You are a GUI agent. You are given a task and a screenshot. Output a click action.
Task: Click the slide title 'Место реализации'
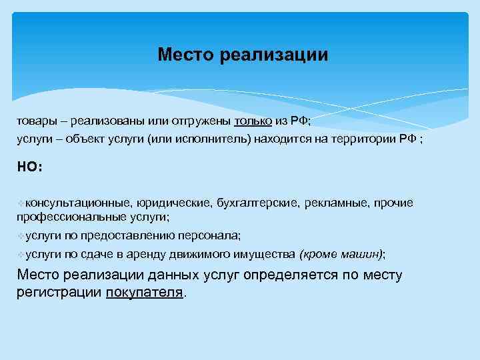click(x=243, y=54)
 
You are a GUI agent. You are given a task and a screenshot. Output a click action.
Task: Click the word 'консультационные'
click(x=77, y=203)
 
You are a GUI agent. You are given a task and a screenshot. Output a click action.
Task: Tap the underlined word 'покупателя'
click(x=143, y=292)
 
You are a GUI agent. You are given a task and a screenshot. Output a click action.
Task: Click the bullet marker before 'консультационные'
click(x=21, y=203)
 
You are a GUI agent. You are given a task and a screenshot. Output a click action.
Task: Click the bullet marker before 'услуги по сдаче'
click(x=21, y=254)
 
